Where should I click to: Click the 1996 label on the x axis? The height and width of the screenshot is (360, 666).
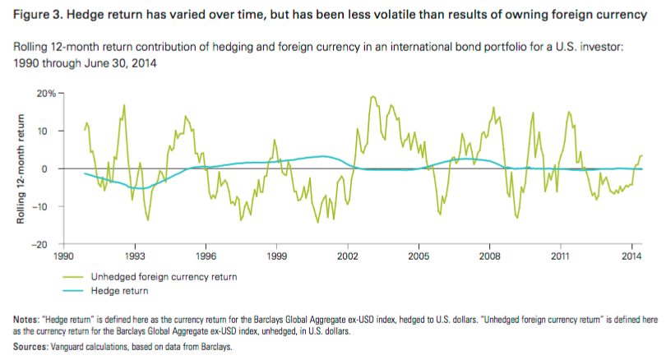(x=206, y=256)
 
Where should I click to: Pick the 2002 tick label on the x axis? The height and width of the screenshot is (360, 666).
(x=348, y=256)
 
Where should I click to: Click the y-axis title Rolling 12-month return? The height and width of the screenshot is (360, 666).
(x=25, y=168)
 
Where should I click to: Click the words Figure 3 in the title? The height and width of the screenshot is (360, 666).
(x=35, y=15)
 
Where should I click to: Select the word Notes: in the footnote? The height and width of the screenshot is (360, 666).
(x=29, y=319)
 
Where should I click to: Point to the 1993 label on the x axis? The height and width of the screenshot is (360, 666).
(x=136, y=256)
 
